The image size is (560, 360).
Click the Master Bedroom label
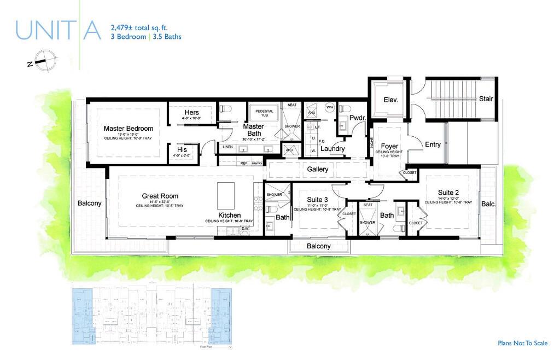(x=129, y=129)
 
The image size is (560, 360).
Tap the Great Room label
(x=160, y=196)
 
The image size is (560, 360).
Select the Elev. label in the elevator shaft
(x=390, y=100)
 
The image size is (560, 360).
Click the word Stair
(x=486, y=99)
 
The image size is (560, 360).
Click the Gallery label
(x=317, y=170)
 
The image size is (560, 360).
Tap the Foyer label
(x=389, y=146)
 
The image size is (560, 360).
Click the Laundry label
(x=332, y=149)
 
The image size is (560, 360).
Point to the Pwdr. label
(x=357, y=117)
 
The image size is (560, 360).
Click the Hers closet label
(x=191, y=112)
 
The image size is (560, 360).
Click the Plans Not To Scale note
(x=522, y=344)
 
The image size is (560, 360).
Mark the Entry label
(x=433, y=144)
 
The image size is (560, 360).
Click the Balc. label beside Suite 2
(x=488, y=204)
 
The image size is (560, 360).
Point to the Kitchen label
(x=229, y=215)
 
